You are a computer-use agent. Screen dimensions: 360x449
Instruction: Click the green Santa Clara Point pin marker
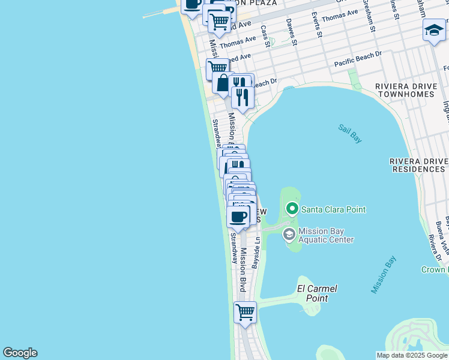[x=292, y=209]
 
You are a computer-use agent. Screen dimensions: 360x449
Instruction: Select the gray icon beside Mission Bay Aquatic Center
[x=289, y=234]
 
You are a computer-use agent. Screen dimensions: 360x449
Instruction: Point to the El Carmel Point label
[x=317, y=293]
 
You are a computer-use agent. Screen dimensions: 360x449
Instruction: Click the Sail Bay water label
[x=349, y=133]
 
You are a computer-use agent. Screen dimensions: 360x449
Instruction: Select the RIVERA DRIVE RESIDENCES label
[x=418, y=165]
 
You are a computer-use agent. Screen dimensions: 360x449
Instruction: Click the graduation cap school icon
[x=434, y=30]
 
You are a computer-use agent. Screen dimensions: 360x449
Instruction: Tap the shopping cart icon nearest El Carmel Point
[x=245, y=312]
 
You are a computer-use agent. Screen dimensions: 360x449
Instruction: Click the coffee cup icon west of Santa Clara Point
[x=238, y=216]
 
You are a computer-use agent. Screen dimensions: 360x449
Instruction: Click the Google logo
[x=20, y=353]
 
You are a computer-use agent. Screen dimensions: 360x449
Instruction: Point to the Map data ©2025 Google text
[x=412, y=355]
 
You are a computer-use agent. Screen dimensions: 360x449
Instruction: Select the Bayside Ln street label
[x=256, y=252]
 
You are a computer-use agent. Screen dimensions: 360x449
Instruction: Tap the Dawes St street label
[x=292, y=32]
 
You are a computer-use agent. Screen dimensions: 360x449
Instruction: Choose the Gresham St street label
[x=369, y=20]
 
